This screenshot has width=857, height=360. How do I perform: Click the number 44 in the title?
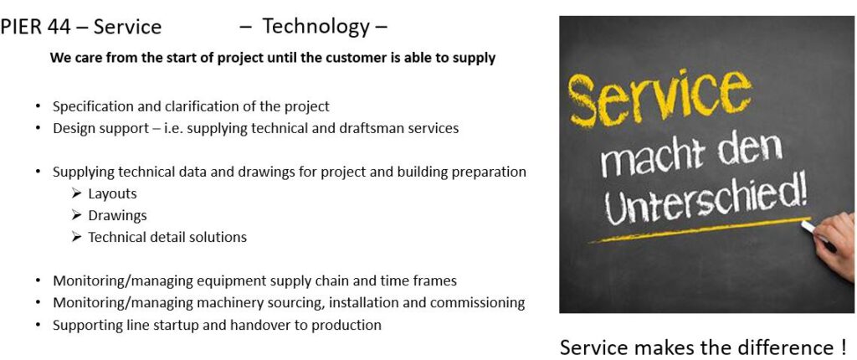tap(59, 27)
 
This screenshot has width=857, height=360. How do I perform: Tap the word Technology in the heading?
tap(316, 26)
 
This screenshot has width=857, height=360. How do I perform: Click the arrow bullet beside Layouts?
tap(76, 193)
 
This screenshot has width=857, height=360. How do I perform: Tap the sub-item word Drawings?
tap(117, 216)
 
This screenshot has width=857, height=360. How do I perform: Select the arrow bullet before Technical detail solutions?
tap(76, 238)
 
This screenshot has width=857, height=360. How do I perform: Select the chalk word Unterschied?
tap(706, 203)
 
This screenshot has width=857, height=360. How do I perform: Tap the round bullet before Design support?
tap(38, 129)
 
